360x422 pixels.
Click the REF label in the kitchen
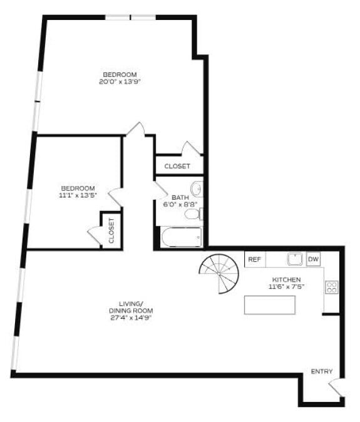click(254, 259)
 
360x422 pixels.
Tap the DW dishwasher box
click(313, 259)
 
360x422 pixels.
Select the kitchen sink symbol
click(294, 259)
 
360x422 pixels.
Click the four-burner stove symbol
click(331, 287)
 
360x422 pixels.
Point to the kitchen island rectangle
click(269, 304)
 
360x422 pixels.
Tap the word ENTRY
click(322, 372)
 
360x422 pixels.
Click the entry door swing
click(334, 388)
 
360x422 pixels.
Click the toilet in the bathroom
click(193, 214)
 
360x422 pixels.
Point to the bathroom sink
click(197, 188)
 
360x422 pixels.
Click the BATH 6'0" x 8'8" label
click(180, 200)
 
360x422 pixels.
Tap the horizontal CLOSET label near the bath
click(177, 166)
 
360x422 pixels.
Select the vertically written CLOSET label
click(111, 230)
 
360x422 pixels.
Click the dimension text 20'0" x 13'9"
click(120, 81)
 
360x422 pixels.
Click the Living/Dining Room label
click(131, 307)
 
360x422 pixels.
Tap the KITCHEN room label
click(287, 279)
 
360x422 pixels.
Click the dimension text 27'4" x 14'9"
click(131, 317)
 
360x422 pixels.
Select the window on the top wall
click(130, 17)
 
